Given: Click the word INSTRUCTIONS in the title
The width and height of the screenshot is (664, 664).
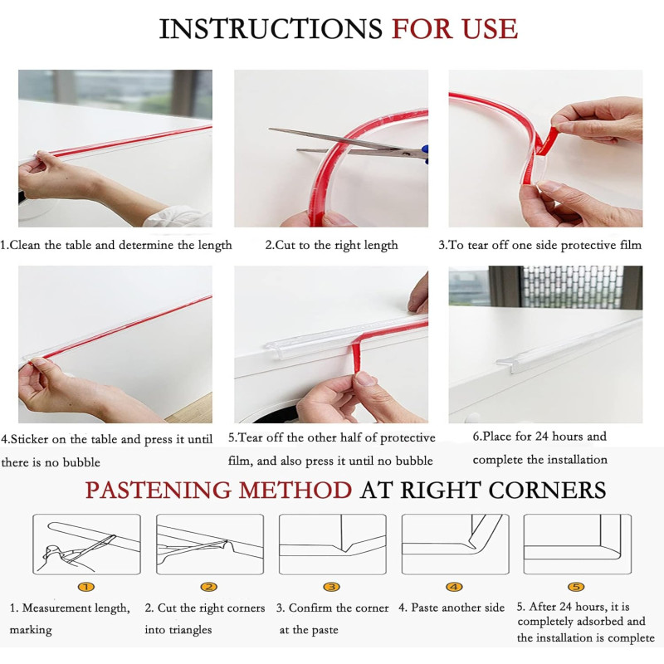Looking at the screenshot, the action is [x=271, y=29].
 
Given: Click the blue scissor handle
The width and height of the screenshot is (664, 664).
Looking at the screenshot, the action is [x=425, y=154].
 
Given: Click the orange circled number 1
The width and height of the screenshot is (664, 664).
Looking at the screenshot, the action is [x=86, y=587].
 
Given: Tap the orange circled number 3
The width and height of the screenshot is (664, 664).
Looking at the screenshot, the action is [x=331, y=587].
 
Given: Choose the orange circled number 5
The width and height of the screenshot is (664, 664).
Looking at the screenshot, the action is [x=576, y=587].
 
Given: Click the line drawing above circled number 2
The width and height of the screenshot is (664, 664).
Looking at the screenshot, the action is [x=210, y=544].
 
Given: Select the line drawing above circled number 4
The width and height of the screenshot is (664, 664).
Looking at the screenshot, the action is [x=455, y=544].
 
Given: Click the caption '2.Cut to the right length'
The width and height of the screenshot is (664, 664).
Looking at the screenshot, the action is [x=331, y=245].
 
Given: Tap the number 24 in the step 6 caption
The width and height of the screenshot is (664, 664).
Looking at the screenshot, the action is [x=542, y=437].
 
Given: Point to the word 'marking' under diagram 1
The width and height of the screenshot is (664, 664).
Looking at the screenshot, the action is [x=31, y=630].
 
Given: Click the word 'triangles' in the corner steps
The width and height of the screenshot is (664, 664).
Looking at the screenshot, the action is [x=190, y=630].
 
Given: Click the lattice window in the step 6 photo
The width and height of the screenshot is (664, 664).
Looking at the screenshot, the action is [x=573, y=286].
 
